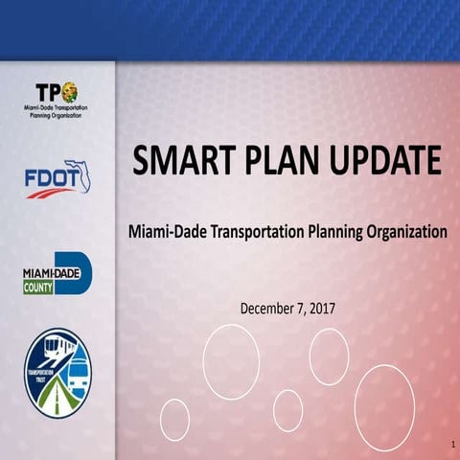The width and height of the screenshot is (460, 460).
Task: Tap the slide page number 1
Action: click(449, 446)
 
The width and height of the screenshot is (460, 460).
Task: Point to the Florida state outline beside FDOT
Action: click(80, 174)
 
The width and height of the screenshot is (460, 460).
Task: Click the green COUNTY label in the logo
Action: click(38, 287)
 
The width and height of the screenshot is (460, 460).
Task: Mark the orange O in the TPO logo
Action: click(69, 93)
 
